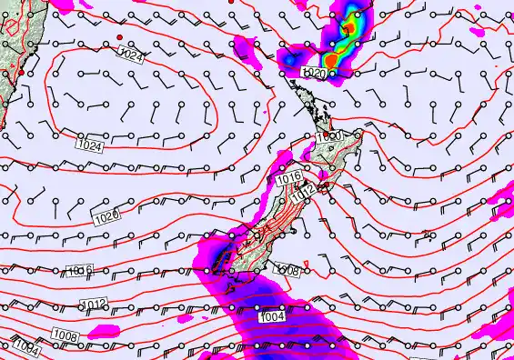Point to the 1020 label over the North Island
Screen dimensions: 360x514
[328, 135]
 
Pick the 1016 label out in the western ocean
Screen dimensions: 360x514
[81, 270]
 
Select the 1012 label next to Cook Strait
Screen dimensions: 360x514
[305, 191]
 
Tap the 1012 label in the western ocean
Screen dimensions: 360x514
[94, 304]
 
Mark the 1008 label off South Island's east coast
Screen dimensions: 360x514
[287, 270]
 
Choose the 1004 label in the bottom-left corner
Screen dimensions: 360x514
[25, 346]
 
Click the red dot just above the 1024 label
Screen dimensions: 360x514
[120, 36]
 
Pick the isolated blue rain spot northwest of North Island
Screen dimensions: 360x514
[291, 59]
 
